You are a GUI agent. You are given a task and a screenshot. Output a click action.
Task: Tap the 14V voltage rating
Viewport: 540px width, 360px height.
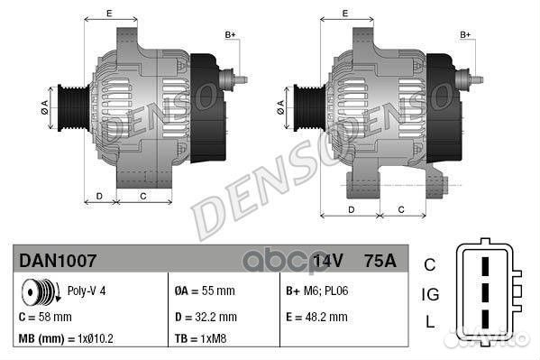tap(327, 262)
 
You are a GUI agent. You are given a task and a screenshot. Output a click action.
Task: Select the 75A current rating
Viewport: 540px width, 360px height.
tap(379, 262)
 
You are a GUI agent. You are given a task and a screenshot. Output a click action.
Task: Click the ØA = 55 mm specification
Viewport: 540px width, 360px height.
tap(204, 291)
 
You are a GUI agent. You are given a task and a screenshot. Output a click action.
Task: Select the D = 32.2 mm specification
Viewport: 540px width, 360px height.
tap(206, 318)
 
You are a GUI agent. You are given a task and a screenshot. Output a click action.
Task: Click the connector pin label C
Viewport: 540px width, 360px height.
tap(430, 265)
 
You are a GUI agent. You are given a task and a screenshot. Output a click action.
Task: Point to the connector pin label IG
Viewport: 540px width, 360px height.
tap(430, 295)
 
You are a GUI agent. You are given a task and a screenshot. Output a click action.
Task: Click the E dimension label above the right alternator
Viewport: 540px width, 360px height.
tap(346, 14)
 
